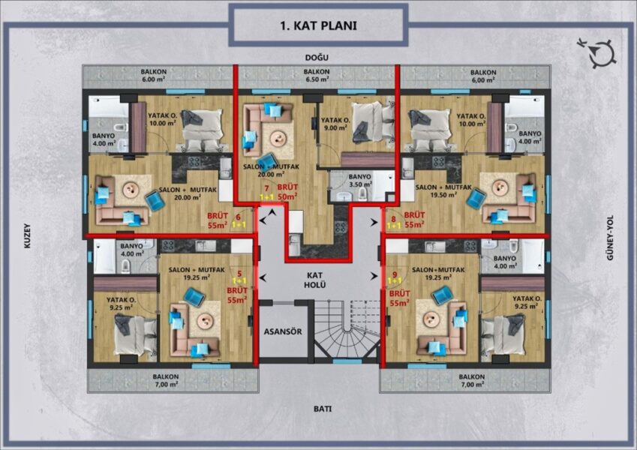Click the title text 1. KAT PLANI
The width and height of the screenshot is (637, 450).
(x=318, y=25)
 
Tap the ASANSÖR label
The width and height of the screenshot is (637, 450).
(x=283, y=331)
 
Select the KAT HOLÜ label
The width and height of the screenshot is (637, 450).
(x=315, y=280)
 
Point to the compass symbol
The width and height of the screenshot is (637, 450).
(x=598, y=52)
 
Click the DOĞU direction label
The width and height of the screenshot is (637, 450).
(x=317, y=58)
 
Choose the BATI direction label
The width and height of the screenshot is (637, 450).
(x=323, y=409)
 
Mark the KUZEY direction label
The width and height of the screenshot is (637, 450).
(x=27, y=235)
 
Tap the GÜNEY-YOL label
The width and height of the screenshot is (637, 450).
(x=610, y=238)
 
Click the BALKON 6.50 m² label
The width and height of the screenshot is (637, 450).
(x=317, y=76)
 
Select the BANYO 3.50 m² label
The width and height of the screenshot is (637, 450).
(x=360, y=180)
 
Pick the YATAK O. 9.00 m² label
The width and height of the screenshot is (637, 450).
(x=335, y=124)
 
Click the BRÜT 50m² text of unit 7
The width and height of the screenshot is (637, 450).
(x=287, y=193)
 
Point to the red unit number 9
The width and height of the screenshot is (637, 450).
(x=395, y=274)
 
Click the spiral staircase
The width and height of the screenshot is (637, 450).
(x=347, y=330)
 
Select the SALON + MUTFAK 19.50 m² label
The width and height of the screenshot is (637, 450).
(x=443, y=191)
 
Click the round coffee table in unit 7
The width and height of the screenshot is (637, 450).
(x=278, y=139)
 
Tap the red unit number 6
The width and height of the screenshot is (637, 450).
(x=238, y=217)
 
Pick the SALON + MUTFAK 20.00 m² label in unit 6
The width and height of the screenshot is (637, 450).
(x=188, y=193)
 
